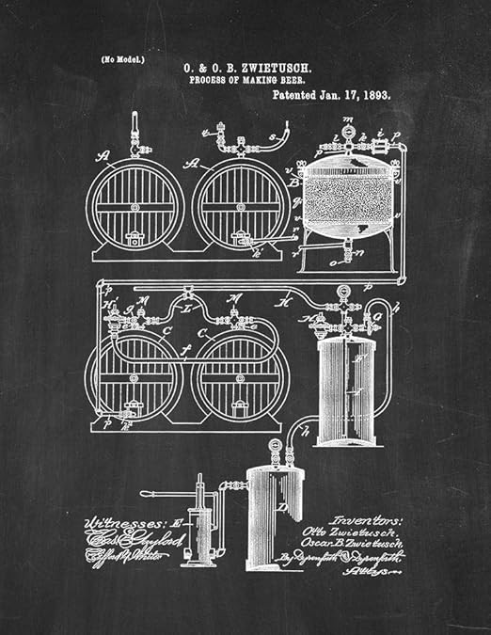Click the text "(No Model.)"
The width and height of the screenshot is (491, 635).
122,59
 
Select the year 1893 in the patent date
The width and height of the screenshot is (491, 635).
374,95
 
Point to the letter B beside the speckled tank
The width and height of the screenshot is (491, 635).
295,183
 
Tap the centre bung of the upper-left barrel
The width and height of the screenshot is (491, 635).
134,206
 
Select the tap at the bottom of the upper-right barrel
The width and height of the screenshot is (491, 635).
246,243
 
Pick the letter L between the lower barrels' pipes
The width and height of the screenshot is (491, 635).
187,309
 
